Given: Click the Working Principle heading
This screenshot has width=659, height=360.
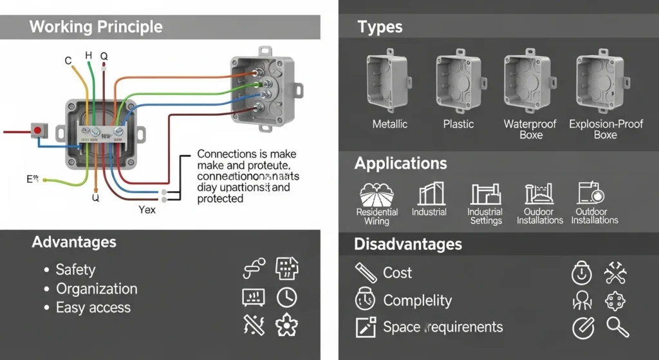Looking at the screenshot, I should (96, 27).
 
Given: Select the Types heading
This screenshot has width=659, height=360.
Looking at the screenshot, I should (380, 27).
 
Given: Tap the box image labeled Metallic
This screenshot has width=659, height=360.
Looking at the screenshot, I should (389, 81).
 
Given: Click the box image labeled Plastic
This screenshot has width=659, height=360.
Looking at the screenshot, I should (458, 81).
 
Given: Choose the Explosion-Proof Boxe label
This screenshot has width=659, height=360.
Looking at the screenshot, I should (606, 129).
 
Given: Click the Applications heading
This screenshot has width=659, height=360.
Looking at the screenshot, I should (400, 164).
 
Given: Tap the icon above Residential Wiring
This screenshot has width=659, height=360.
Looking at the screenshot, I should (376, 194).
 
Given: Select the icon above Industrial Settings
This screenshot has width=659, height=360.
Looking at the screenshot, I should (485, 194).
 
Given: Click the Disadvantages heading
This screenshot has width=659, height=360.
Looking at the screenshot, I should (408, 245).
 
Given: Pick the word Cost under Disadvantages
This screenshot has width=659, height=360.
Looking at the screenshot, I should (397, 273).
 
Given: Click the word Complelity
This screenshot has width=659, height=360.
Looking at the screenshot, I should (417, 301).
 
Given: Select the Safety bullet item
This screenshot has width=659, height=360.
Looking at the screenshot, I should (75, 270).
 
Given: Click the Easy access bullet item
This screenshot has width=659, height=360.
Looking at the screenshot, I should (93, 308).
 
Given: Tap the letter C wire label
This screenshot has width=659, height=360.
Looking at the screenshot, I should (68, 61).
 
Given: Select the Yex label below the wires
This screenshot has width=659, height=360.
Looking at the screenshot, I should (147, 210).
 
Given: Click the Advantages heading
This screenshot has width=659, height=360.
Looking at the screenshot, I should (74, 242).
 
